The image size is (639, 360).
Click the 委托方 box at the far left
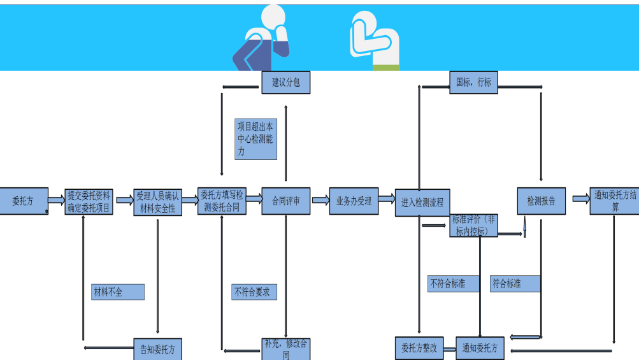(x=23, y=201)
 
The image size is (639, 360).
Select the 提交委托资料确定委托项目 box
(x=89, y=202)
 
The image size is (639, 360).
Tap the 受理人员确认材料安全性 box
(x=157, y=202)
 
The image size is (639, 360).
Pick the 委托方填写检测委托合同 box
(x=221, y=201)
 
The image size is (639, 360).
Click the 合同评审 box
(x=285, y=201)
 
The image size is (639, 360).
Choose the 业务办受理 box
(x=354, y=201)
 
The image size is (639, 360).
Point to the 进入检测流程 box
(x=422, y=203)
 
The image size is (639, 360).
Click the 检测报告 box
(x=541, y=201)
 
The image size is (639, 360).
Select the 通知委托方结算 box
(x=614, y=201)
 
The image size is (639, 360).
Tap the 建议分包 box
(x=285, y=82)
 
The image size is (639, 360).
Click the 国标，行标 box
(x=474, y=82)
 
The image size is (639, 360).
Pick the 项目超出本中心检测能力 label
(x=255, y=139)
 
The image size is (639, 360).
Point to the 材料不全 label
(x=117, y=292)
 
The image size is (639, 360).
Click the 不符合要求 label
(x=254, y=292)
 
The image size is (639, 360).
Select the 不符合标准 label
(x=453, y=284)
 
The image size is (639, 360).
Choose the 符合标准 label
(x=515, y=284)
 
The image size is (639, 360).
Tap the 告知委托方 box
(x=157, y=349)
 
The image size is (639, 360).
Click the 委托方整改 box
(x=419, y=349)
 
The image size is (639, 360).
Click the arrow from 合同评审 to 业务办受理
(x=320, y=200)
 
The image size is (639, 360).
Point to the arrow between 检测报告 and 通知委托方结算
(x=580, y=198)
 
